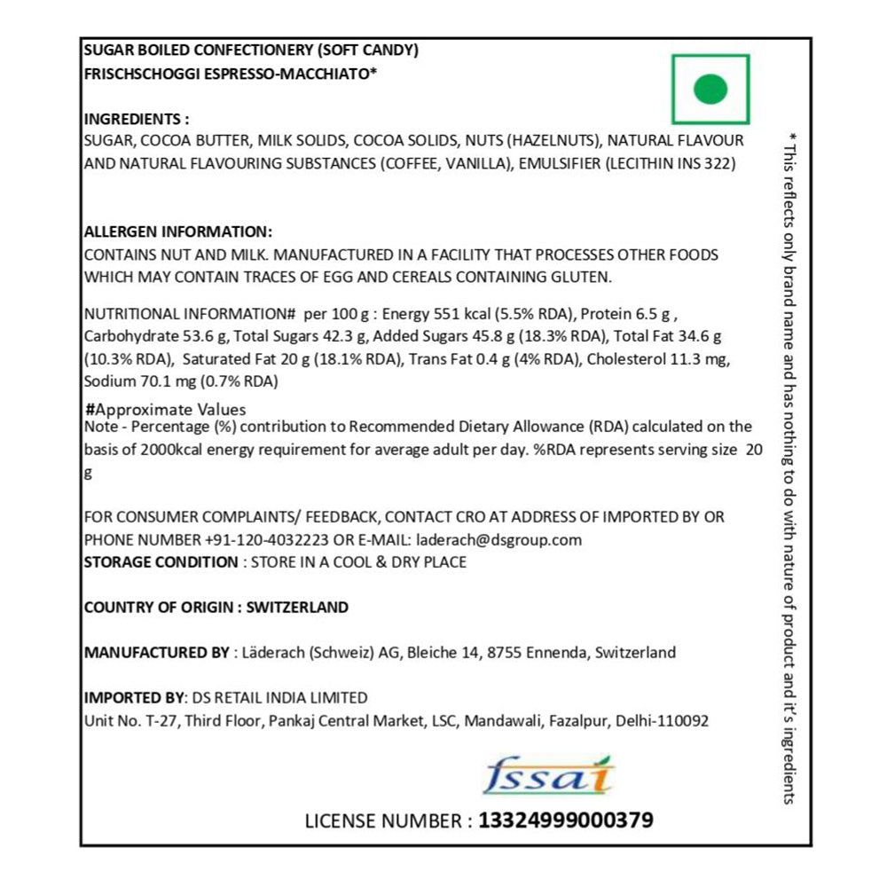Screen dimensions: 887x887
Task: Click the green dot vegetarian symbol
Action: pyautogui.click(x=710, y=89)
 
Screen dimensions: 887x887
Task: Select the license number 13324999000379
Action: pyautogui.click(x=566, y=820)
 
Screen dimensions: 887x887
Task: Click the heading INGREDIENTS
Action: pyautogui.click(x=136, y=119)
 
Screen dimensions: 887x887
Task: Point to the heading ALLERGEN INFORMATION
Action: pyautogui.click(x=177, y=232)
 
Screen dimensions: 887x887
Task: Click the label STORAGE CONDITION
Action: pyautogui.click(x=161, y=561)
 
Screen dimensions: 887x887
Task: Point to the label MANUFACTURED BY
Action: pyautogui.click(x=156, y=653)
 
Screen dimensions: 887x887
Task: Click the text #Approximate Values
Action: pyautogui.click(x=165, y=410)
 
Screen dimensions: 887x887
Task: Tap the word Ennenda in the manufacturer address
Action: pyautogui.click(x=554, y=653)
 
